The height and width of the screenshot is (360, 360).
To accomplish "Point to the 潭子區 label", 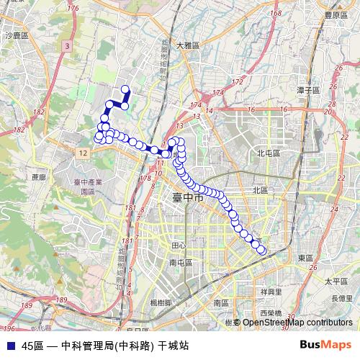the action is pos(307,90).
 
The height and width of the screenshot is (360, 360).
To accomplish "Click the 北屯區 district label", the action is pos(268,153).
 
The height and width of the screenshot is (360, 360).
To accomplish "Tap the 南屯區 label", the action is pos(180,264).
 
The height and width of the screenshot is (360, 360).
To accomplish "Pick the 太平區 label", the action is pos(336,282).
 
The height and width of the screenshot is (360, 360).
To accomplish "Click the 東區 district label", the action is pos(305,258).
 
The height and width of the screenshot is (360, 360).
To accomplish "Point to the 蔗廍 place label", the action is pos(38,176).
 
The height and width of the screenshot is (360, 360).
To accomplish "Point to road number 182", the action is pos(19,130).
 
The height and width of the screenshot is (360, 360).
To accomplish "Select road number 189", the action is pos(62,300).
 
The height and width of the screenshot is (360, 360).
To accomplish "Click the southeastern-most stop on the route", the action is pos(262,251).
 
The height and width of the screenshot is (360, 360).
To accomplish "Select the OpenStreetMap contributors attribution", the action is pos(297,323).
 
